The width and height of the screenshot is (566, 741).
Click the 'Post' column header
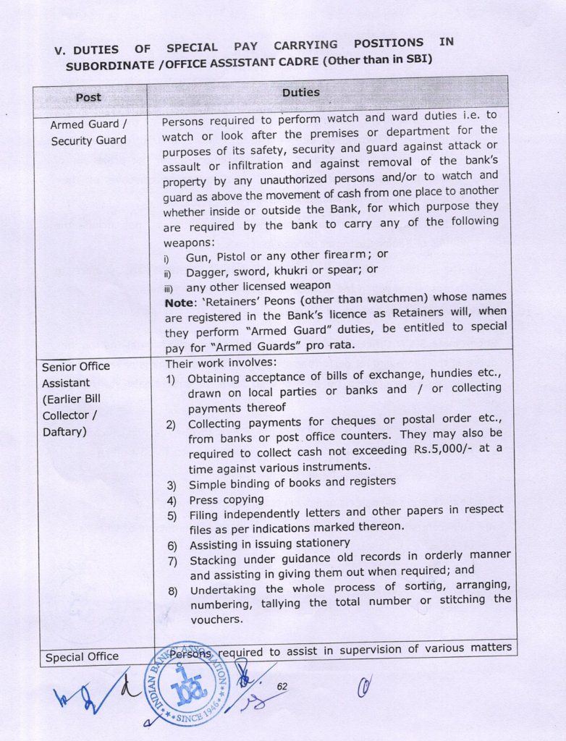pos(88,97)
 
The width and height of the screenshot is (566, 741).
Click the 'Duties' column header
pos(300,93)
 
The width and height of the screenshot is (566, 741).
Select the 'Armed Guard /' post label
pos(83,124)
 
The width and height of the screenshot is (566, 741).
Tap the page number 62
pos(282,685)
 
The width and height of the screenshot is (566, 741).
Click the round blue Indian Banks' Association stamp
pos(186,684)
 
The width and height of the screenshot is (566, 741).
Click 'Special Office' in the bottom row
pos(82,657)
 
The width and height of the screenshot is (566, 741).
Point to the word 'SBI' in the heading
pos(414,59)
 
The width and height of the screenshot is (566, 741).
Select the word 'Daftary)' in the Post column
pos(65,431)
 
